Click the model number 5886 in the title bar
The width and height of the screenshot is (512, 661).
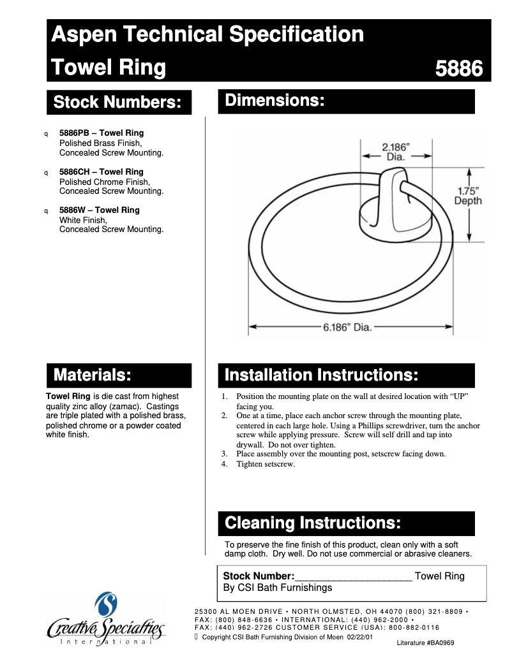[458, 68]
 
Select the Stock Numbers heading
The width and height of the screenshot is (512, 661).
[119, 102]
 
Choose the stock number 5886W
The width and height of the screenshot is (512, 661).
[72, 210]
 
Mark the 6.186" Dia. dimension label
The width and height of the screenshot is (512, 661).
[347, 328]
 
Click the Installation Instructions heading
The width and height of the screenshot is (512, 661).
[321, 375]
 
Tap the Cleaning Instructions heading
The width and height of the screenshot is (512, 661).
[313, 523]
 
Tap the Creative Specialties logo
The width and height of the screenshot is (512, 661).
[106, 621]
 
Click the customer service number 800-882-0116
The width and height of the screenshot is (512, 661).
[416, 627]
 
